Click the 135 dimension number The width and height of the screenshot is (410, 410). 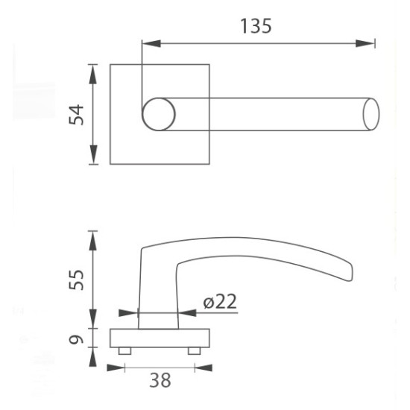click(x=256, y=26)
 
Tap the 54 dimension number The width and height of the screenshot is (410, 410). click(x=76, y=114)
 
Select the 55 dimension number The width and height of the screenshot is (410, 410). click(x=76, y=280)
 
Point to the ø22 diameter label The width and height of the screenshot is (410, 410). click(x=220, y=301)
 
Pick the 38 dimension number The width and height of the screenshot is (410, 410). click(x=160, y=380)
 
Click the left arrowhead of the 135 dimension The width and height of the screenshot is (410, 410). click(x=151, y=43)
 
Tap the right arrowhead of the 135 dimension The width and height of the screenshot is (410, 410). click(x=365, y=43)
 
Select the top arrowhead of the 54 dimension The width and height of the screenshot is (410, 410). click(x=93, y=74)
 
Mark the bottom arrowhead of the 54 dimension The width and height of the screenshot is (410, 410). click(x=93, y=154)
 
